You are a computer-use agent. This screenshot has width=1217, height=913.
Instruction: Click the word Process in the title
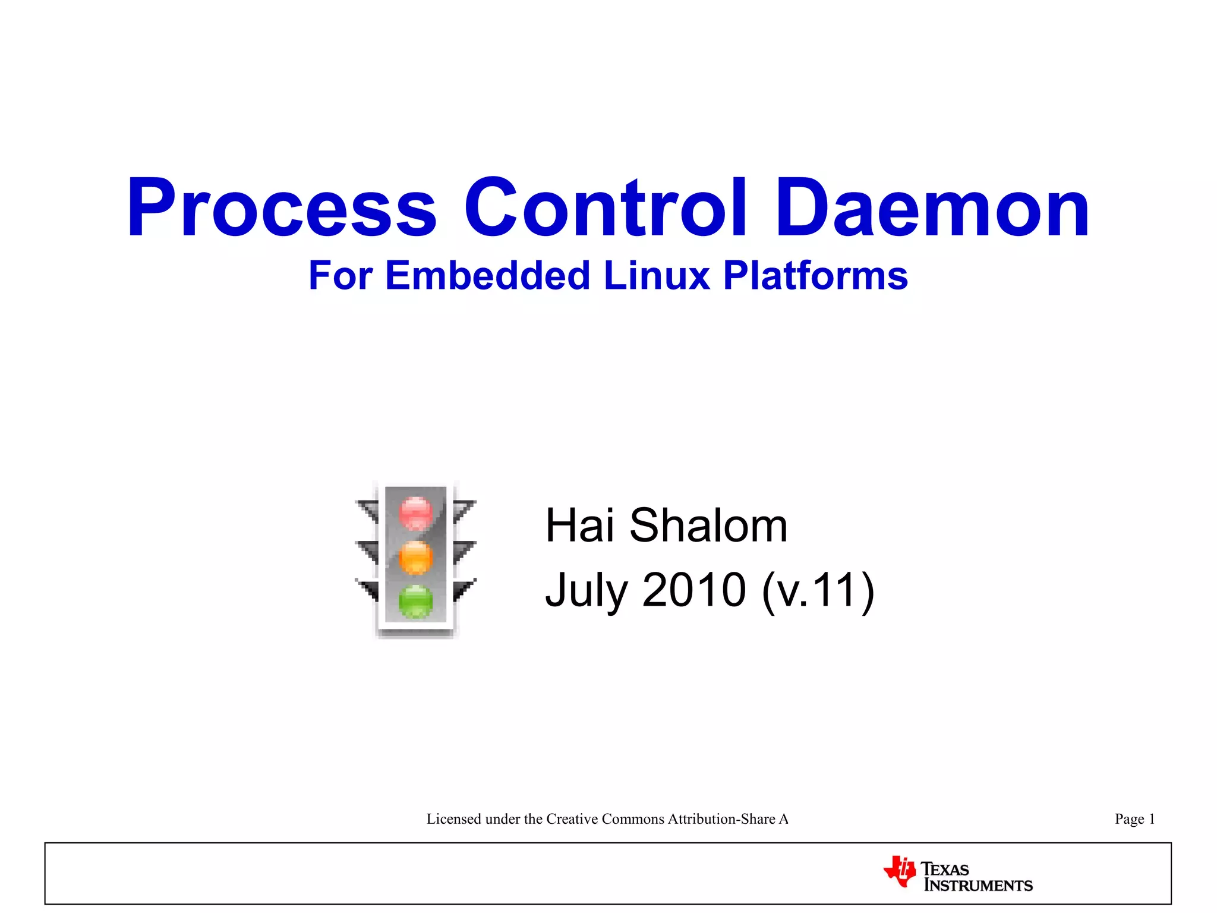282,208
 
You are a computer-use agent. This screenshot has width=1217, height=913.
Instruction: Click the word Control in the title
605,208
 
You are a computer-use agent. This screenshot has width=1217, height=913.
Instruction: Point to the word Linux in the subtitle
657,276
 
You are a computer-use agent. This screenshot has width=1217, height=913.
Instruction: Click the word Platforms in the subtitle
815,276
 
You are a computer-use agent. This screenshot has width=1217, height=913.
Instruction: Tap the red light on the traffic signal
416,512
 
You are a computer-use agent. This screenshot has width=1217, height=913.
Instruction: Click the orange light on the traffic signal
416,558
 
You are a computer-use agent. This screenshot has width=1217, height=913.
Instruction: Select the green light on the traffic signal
416,601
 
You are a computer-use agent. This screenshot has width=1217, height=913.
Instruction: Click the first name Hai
580,525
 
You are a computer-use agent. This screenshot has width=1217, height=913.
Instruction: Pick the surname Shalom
708,525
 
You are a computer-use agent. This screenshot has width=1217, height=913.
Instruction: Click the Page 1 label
1134,819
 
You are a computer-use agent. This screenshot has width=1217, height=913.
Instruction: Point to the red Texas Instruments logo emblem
900,872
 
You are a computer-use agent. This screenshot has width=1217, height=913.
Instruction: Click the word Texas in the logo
945,869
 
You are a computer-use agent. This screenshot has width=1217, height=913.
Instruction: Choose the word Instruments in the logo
979,886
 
